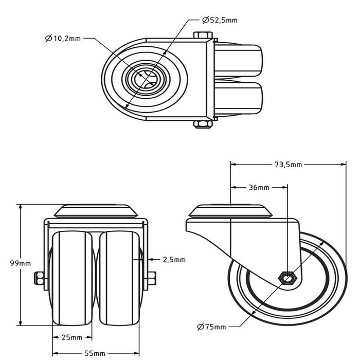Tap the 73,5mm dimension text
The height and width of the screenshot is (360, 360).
[x=287, y=165]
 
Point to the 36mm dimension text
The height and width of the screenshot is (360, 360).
[x=259, y=188]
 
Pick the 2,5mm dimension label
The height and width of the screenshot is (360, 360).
[x=174, y=260]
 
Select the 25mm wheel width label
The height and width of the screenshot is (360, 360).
[x=72, y=337]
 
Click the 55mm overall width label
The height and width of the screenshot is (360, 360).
[x=96, y=353]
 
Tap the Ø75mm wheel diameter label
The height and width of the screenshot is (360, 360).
[x=211, y=327]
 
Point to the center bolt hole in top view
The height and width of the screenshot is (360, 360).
[x=144, y=79]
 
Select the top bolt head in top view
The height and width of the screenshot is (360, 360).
[x=203, y=36]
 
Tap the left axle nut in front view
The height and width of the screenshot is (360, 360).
[x=38, y=279]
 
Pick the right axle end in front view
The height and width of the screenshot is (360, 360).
[x=153, y=279]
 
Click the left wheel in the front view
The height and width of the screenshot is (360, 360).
[x=73, y=278]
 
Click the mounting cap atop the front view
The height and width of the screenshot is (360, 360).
[x=96, y=211]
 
